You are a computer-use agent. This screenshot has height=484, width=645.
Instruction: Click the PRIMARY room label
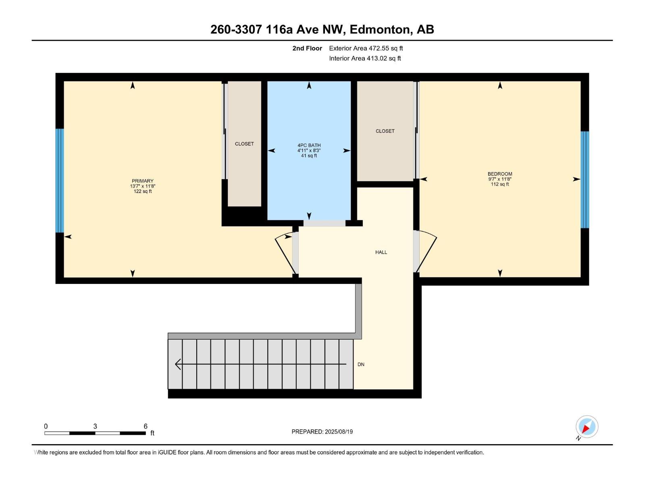click(142, 181)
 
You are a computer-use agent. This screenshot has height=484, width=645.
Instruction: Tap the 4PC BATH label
click(309, 145)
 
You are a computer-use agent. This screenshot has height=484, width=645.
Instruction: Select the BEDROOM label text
click(500, 174)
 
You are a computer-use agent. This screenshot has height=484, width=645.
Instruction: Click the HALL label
click(381, 252)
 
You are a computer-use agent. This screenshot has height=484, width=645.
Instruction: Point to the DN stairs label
click(361, 364)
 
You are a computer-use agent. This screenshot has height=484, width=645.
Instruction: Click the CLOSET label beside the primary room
click(244, 144)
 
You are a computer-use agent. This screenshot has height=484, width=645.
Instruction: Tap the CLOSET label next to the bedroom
click(385, 131)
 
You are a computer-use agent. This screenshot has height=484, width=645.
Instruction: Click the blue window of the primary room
click(60, 180)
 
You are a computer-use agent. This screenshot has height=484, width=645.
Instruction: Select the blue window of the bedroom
click(585, 179)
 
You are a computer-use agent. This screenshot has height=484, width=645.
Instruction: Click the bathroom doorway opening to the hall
click(325, 223)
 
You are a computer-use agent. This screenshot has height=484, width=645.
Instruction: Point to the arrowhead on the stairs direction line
click(177, 364)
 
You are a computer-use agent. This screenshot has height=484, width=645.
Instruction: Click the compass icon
click(587, 427)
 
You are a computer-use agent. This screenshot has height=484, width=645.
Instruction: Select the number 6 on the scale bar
click(146, 426)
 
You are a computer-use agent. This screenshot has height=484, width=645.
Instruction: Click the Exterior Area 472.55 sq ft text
click(366, 48)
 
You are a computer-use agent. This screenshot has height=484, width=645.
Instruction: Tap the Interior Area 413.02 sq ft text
click(365, 58)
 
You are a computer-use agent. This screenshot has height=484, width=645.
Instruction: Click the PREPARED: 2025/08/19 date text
click(322, 432)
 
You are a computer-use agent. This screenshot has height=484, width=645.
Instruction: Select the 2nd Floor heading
click(307, 48)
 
